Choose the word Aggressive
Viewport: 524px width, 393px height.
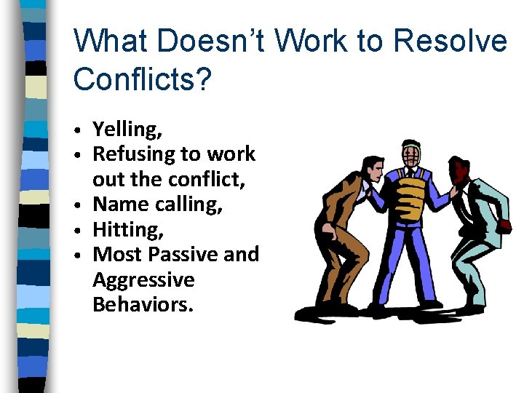(x=143, y=280)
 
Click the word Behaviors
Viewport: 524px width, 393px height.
(x=143, y=304)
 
